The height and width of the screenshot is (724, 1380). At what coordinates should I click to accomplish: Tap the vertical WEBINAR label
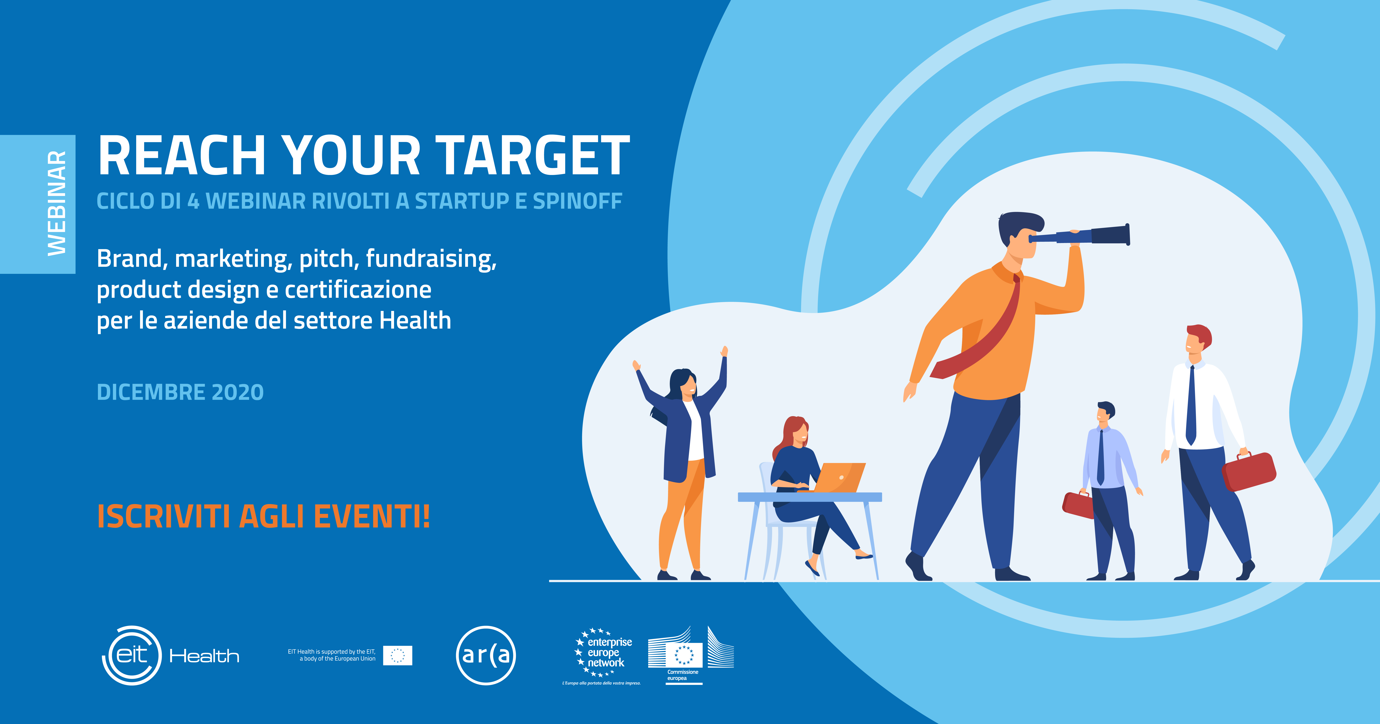click(x=57, y=203)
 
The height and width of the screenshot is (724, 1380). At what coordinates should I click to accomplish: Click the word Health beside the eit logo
click(x=204, y=656)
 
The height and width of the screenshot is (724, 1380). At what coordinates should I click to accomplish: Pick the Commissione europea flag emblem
click(x=684, y=654)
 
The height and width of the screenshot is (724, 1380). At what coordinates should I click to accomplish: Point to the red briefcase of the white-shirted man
click(x=1249, y=471)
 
